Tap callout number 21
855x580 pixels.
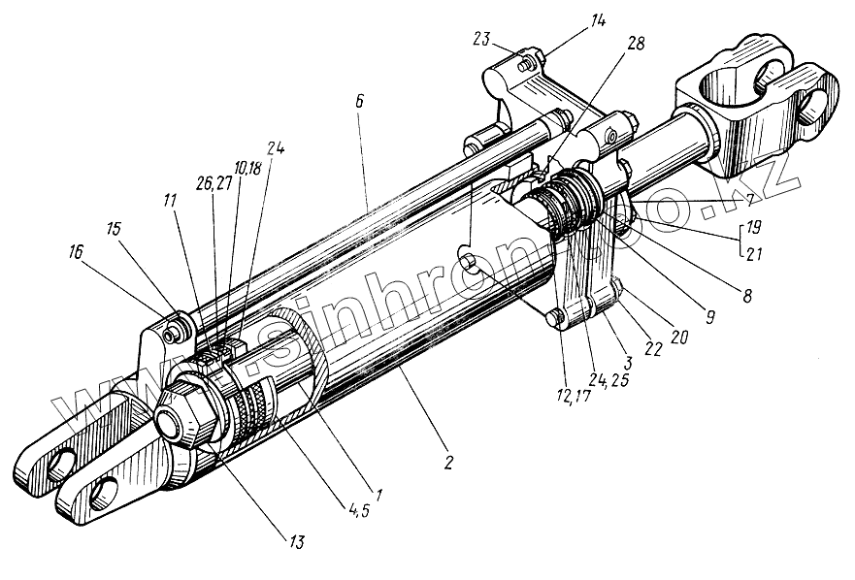click(751, 254)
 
